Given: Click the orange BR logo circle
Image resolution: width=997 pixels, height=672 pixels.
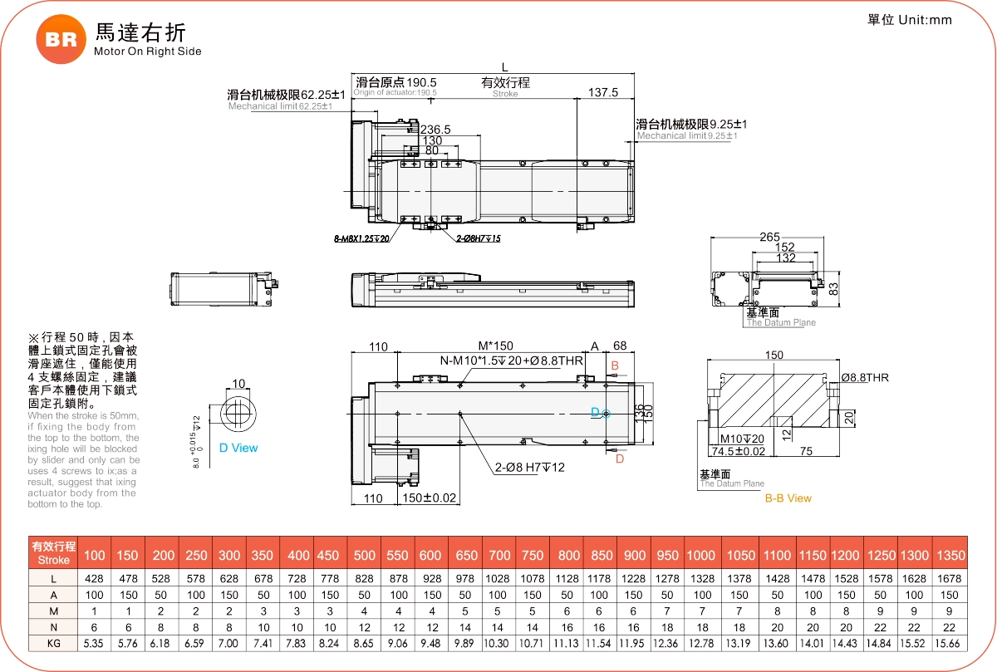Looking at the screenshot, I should pos(60,39).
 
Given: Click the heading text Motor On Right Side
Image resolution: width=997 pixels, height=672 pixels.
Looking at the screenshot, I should pos(148,52).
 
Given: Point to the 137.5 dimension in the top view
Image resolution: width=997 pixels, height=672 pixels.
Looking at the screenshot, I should pos(603,92).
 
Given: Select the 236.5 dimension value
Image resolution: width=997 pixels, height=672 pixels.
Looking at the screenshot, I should pos(435,130).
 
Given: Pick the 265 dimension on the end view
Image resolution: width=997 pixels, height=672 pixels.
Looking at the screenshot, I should pos(769,237).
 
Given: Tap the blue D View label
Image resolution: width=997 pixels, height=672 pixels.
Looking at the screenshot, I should pos(238,448).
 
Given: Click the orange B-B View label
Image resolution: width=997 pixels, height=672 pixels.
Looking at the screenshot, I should pos(788,498).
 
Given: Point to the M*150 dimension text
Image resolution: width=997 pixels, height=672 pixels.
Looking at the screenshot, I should pos(495,346).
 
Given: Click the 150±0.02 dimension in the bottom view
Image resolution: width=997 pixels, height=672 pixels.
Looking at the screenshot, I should pos(430,498).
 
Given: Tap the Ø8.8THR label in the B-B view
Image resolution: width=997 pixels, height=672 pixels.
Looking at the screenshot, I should pos(864,378).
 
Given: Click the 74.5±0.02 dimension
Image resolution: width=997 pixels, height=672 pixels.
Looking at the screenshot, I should pos(737,451).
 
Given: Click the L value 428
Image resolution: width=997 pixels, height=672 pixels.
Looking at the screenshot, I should pos(95,578).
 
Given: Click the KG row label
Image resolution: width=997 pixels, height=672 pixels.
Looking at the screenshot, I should pos(53,643).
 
